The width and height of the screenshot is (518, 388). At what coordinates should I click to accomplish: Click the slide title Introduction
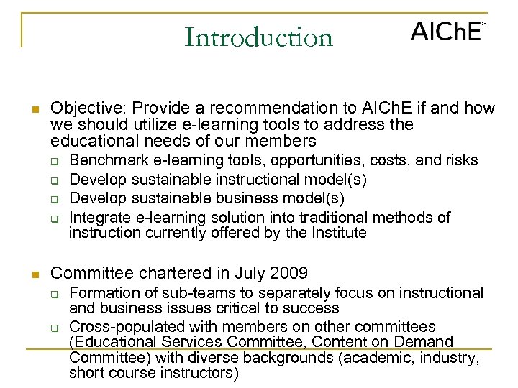pyautogui.click(x=258, y=37)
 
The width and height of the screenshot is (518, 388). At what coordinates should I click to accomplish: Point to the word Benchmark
pyautogui.click(x=104, y=160)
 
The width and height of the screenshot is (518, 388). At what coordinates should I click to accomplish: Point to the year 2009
pyautogui.click(x=288, y=273)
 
